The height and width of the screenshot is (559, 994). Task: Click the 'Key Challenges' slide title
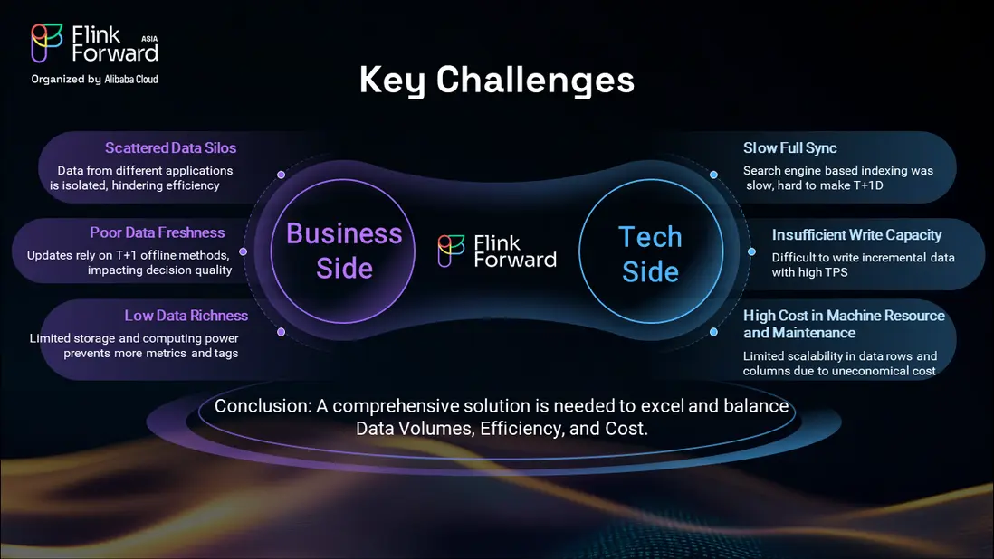(496, 81)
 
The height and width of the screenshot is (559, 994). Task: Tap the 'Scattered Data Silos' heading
(170, 147)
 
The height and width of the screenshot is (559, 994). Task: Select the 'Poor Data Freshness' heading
(158, 232)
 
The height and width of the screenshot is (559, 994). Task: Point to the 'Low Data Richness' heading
(186, 316)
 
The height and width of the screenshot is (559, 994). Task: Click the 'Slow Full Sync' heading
(790, 148)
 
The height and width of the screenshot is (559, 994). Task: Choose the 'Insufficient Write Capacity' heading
(856, 235)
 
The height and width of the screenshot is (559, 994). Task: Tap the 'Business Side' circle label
(344, 251)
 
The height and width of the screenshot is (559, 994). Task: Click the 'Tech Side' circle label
(650, 254)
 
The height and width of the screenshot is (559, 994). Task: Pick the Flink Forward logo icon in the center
(452, 251)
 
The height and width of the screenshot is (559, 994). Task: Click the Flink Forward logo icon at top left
(47, 43)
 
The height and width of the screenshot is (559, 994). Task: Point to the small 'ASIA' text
(149, 39)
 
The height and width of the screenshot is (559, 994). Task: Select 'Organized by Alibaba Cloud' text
(94, 79)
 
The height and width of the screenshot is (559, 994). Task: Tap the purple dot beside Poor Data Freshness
(243, 251)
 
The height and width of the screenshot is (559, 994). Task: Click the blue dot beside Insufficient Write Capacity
(751, 251)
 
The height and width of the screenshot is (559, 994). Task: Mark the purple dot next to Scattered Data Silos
(281, 174)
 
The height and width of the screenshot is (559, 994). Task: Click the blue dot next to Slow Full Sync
(713, 174)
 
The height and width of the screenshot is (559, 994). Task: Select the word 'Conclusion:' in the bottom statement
(263, 406)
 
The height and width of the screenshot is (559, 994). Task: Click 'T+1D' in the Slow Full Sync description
(868, 185)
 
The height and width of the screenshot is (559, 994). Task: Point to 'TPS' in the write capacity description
(836, 272)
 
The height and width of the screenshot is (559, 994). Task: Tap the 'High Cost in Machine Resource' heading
(844, 316)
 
